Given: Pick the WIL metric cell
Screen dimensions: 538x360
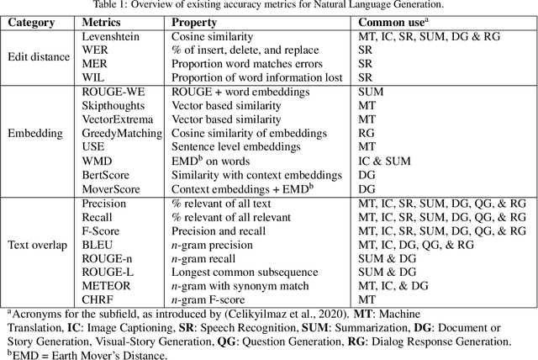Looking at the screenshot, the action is [93, 76].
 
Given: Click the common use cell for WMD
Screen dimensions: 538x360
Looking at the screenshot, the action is [386, 161].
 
